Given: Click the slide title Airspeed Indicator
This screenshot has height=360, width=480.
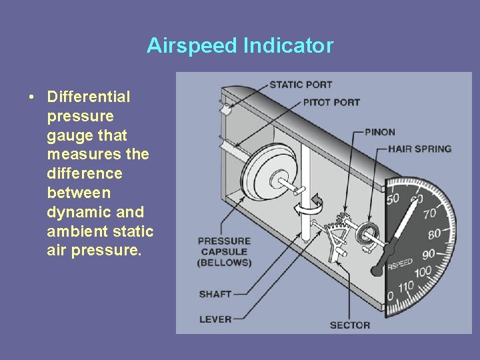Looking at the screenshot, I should point(240,45).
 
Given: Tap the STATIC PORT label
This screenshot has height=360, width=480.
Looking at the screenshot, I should point(301,85).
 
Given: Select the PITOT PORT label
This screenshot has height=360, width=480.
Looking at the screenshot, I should point(331,103).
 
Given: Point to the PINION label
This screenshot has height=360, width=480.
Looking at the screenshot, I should point(380,133).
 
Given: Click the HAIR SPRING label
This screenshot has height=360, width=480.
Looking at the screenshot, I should point(419,149).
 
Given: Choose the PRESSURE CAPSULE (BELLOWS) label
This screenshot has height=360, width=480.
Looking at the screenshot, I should point(224,251).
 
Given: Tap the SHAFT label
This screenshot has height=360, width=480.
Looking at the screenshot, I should point(215,294).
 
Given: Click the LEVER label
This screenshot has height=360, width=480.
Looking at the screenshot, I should point(215,319).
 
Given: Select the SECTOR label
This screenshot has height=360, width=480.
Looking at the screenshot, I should point(349,325).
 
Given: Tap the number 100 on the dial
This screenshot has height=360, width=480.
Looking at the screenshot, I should point(422,273).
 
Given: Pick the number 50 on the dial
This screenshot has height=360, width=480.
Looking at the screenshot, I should point(393,199).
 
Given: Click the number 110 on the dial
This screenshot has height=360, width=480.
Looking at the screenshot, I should point(405,287).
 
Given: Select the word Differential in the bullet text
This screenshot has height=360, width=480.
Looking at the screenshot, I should point(89,97).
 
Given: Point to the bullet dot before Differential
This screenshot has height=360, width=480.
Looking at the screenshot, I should point(32,97).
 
